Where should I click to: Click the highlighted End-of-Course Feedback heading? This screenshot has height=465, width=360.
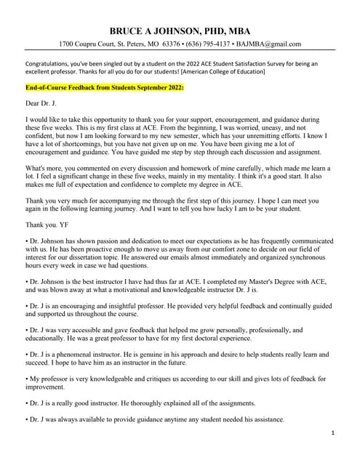(104, 86)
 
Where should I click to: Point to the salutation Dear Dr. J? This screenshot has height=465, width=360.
(42, 104)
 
